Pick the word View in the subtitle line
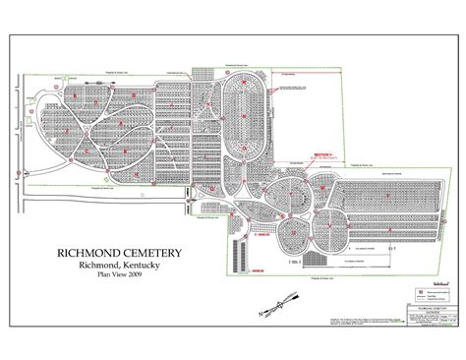click(123, 281)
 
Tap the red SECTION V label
click(323, 155)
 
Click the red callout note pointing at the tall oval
click(296, 89)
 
